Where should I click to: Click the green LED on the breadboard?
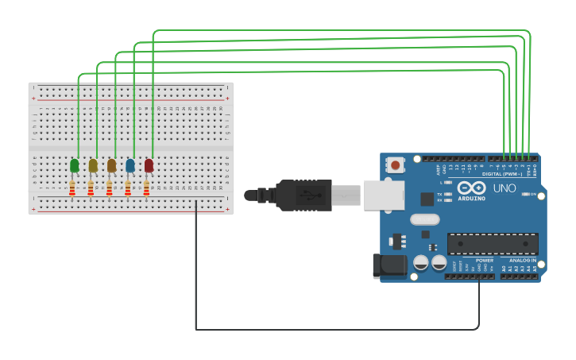tap(75, 165)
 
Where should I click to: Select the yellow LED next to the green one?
tap(93, 165)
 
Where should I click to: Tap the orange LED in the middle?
tap(112, 165)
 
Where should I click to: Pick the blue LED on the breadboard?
tap(130, 165)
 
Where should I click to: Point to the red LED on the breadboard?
tap(149, 165)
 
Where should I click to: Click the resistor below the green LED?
tap(72, 188)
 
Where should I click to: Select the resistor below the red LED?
tap(146, 188)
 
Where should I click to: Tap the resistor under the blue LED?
tap(128, 188)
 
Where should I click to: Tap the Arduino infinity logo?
tap(471, 188)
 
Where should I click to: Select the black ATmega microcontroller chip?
tap(493, 244)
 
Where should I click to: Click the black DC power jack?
tap(389, 265)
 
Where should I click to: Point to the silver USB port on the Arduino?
tap(384, 195)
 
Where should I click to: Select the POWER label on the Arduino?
tap(484, 260)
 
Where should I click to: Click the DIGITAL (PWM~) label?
tap(502, 173)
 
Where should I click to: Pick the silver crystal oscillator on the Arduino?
tap(424, 219)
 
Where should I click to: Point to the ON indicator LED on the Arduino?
tap(529, 193)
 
